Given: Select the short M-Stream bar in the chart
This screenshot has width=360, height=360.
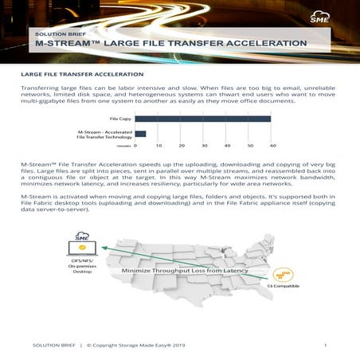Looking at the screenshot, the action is coord(140,134).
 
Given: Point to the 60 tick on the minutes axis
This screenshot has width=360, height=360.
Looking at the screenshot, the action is coord(272,146).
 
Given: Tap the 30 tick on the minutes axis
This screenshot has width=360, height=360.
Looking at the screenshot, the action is coord(205,146).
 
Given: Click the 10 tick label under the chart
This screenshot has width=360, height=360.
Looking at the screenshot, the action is coord(158,146).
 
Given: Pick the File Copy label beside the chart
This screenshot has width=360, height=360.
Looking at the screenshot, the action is coord(120,119).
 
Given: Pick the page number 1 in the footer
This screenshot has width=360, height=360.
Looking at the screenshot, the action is coord(326,345).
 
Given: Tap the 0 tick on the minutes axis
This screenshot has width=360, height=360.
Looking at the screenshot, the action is coord(135,146).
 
